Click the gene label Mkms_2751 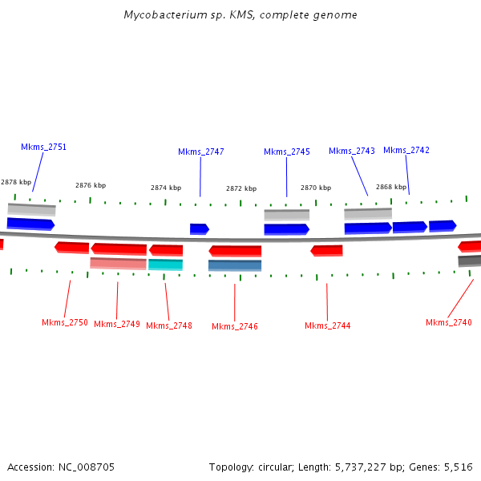point(43,147)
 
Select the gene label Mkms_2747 point(200,152)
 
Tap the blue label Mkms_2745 point(286,152)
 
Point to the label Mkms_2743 point(351,151)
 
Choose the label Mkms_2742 point(406,150)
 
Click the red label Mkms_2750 point(64,322)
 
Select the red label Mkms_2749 point(116,324)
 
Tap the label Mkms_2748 point(168,325)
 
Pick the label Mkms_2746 point(234,326)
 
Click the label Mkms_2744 point(327,325)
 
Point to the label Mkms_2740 point(448,322)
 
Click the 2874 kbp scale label point(166,188)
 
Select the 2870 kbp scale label point(316,188)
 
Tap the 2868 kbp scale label point(390,187)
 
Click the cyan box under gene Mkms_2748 point(165,265)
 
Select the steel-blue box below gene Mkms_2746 point(235,265)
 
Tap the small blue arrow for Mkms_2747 point(199,229)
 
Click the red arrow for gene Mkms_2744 point(326,251)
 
